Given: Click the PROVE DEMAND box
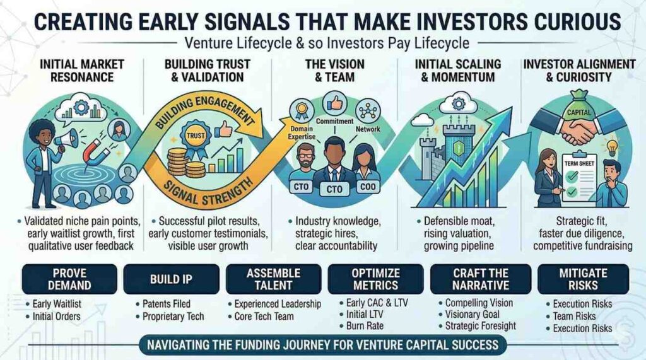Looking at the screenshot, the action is click(69, 279).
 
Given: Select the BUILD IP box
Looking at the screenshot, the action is click(171, 279).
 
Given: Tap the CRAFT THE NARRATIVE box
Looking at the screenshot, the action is click(480, 279).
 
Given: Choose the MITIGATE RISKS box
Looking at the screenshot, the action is click(583, 279).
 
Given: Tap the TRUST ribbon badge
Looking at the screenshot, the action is click(196, 137).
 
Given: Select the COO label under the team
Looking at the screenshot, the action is click(368, 187).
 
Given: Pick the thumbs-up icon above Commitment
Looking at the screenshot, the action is click(334, 103).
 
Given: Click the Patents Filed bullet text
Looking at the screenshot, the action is click(167, 304).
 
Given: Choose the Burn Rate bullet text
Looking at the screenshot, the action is click(365, 326).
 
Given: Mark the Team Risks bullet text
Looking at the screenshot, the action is click(574, 316).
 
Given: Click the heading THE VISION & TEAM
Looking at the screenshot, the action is click(334, 71).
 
